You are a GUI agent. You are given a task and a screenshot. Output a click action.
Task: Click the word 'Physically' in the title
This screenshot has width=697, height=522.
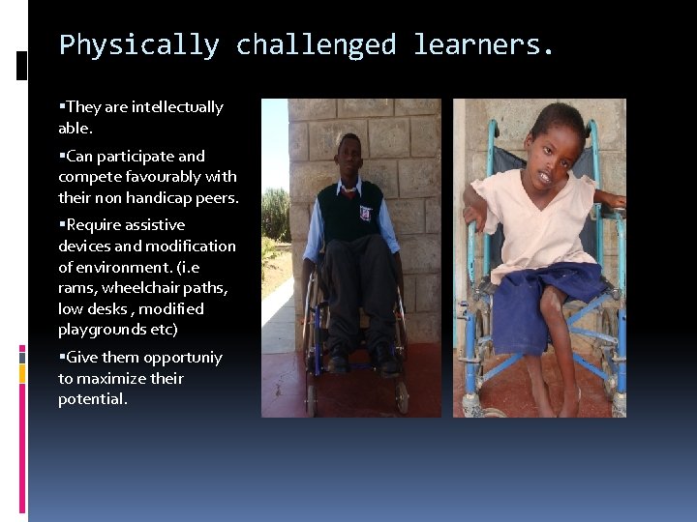coord(138,45)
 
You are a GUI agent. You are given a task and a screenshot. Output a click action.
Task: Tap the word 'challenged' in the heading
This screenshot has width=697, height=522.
coord(316,45)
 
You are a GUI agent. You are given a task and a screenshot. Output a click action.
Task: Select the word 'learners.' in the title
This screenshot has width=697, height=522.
coord(484,45)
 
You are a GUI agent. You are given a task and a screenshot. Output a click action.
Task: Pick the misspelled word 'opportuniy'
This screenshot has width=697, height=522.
coord(183,358)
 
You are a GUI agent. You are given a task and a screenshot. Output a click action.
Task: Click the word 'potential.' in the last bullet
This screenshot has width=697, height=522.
coord(93,399)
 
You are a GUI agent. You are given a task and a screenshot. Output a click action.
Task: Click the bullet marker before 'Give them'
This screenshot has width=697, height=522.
coord(62,358)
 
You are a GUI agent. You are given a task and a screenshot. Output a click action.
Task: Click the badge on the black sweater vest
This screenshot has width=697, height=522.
coord(365,212)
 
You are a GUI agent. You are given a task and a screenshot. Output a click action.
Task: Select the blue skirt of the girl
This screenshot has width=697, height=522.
coord(542,300)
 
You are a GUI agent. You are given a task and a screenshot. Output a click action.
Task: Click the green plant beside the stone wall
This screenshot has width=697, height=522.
coord(276,217)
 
